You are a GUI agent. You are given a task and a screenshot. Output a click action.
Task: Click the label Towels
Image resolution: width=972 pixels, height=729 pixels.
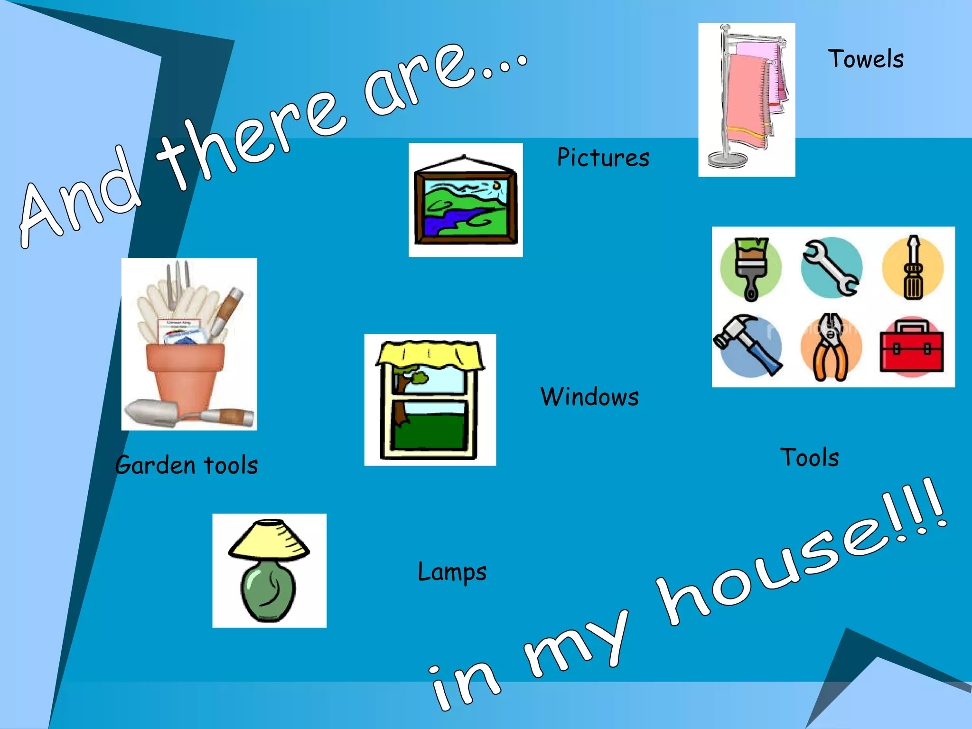[866, 59]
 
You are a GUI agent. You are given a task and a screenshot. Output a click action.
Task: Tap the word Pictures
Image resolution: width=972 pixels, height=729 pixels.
[603, 158]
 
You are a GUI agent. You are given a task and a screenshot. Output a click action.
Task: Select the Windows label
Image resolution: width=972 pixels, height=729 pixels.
[589, 397]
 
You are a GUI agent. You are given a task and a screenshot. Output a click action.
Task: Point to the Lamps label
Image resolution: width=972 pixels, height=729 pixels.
[452, 572]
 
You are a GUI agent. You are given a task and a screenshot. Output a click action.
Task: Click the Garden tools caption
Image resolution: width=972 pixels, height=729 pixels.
[187, 465]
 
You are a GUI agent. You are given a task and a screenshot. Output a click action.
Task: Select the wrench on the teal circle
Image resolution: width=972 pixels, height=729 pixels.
[831, 268]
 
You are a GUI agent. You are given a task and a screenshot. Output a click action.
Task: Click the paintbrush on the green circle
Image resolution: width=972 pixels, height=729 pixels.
[751, 268]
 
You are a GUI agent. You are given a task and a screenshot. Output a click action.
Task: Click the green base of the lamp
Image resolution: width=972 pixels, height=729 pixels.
[268, 591]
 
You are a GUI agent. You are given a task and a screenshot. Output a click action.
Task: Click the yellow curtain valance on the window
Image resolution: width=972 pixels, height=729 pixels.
[430, 355]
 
